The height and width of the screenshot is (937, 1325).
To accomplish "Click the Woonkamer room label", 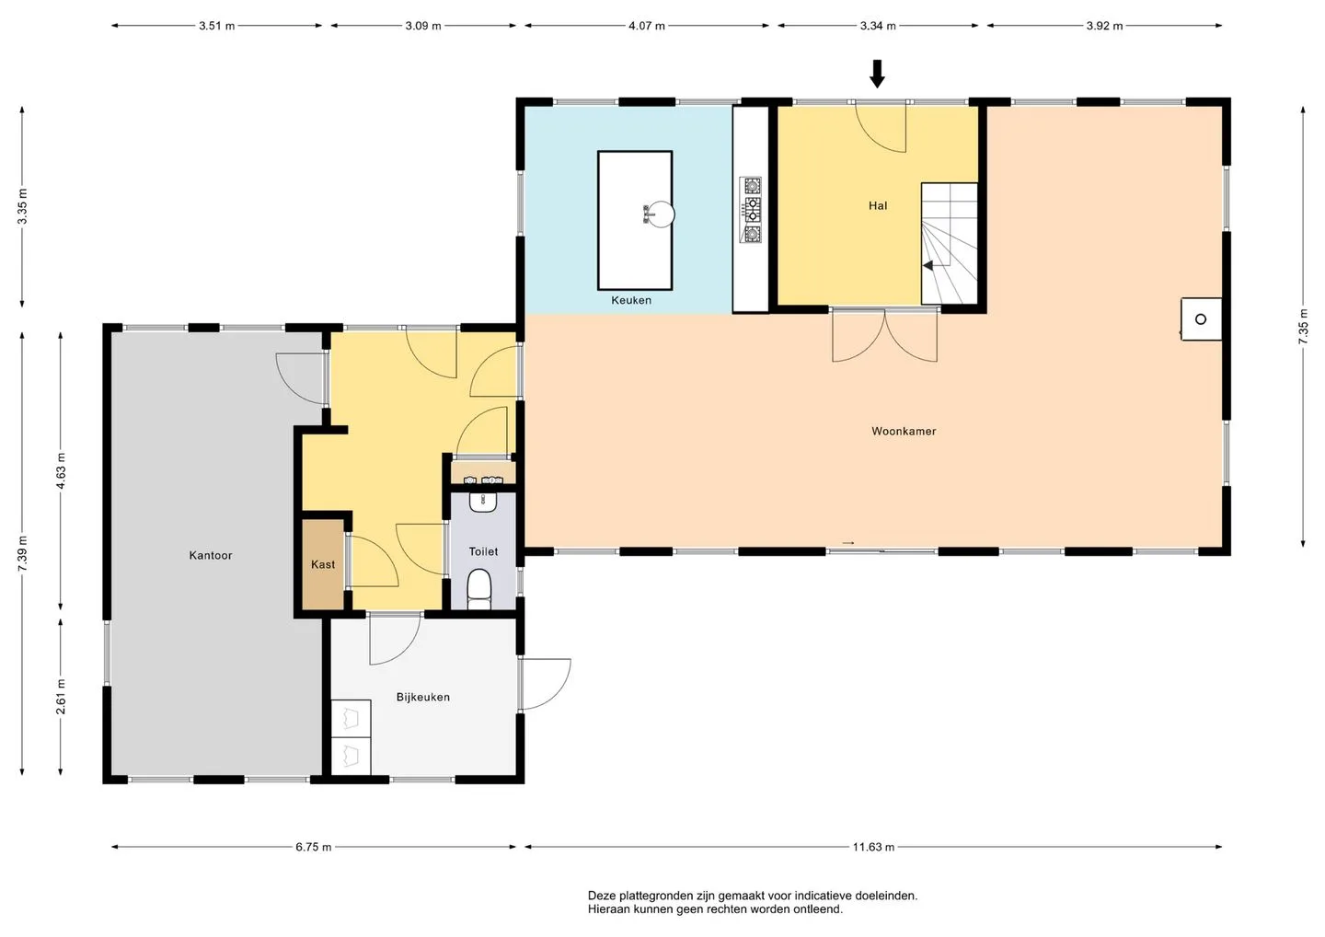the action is pos(904,432).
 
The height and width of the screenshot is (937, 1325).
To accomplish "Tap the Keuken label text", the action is pos(631,300).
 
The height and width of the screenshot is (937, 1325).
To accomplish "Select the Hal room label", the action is pos(878,206).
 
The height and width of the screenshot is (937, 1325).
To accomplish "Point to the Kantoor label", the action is pos(211,555).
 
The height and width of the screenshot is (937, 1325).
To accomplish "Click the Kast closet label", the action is pos(323,565).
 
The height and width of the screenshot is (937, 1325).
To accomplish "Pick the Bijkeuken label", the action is pos(423,698).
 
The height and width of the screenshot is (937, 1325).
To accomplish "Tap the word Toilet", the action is pos(483,552).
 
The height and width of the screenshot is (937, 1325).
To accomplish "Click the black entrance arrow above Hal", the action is pos(877,74).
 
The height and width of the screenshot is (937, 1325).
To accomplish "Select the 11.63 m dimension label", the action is pos(873,847).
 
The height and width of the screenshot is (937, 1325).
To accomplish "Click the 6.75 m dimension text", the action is pos(314,847).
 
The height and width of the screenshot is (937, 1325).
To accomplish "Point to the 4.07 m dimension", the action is pos(647,26).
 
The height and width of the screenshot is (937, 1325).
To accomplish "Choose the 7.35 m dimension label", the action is pos(1303,327).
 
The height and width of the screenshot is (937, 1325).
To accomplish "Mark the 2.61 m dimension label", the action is pos(61,697).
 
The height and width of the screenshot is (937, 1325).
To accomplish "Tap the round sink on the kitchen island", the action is pos(661,214).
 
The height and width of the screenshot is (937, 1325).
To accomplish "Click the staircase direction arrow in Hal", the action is pos(928,266).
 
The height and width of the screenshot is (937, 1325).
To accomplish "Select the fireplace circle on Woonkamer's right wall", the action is pos(1200,319).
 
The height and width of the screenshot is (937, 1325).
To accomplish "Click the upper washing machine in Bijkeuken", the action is pos(351,719).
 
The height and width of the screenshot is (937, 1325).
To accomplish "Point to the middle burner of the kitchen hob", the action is pos(752,210).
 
